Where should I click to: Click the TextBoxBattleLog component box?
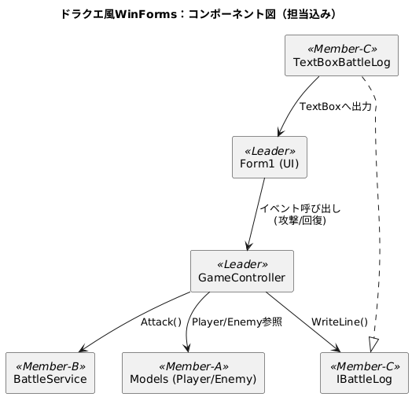(341, 56)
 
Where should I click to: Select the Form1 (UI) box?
(270, 157)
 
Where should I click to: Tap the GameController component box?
(242, 271)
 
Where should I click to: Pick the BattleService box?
(50, 373)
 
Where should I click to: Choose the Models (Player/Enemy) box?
(193, 373)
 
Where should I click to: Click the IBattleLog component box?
(364, 373)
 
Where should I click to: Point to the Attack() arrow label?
(161, 322)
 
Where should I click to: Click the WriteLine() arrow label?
(340, 322)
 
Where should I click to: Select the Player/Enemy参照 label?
(237, 322)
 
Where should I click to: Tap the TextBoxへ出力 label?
(336, 106)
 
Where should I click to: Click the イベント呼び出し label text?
(300, 208)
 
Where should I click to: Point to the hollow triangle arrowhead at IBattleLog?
(373, 344)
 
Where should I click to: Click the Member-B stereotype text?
(50, 366)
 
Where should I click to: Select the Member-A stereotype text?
(193, 366)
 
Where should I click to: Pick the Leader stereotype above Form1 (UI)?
(270, 151)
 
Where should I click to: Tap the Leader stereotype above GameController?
(242, 264)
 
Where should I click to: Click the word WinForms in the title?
(146, 14)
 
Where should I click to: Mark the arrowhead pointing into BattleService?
(83, 349)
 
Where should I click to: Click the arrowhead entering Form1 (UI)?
(280, 131)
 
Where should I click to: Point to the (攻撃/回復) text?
(300, 220)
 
